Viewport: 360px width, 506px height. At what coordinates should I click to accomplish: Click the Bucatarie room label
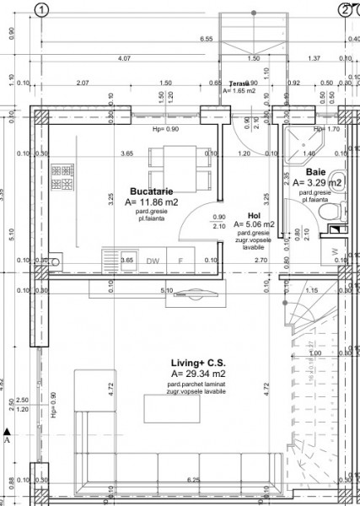(x=153, y=191)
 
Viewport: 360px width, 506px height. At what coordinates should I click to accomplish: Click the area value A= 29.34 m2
(x=199, y=373)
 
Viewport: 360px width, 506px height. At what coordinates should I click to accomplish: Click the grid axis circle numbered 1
(x=43, y=10)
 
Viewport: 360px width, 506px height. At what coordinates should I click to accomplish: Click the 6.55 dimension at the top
(x=205, y=39)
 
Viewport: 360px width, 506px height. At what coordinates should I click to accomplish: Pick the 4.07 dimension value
(x=124, y=58)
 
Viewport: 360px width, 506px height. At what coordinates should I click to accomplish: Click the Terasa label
(x=244, y=84)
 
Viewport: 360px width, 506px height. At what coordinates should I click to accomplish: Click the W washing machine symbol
(x=335, y=251)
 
